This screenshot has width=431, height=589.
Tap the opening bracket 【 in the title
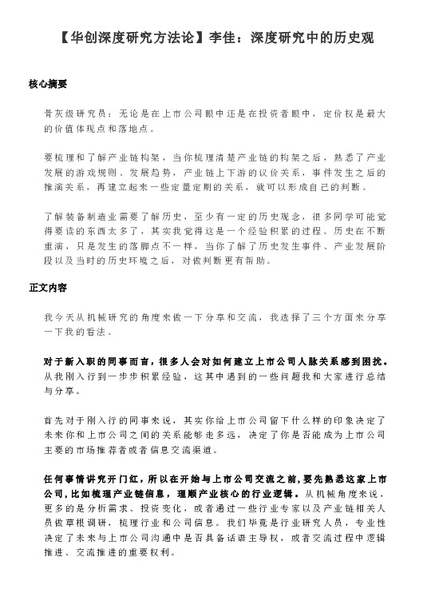click(x=65, y=38)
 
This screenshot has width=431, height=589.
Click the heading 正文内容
click(x=47, y=285)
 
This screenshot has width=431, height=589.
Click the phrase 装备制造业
click(x=99, y=216)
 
